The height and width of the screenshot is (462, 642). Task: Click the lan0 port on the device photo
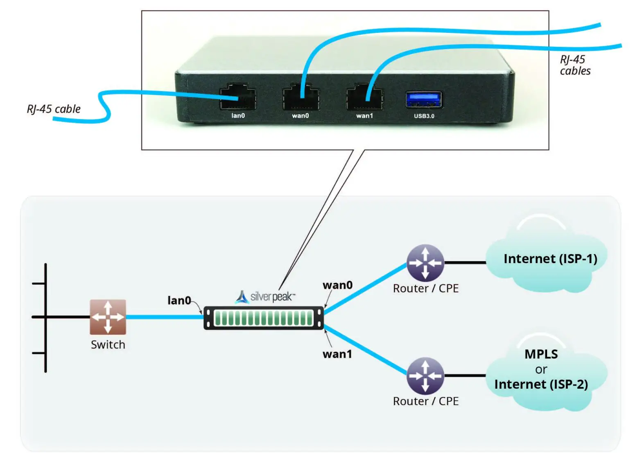[x=238, y=98]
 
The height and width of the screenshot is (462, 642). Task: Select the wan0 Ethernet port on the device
[x=301, y=98]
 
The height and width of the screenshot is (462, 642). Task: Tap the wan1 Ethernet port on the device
[x=364, y=98]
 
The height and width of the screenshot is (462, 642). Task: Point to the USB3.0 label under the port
[x=424, y=116]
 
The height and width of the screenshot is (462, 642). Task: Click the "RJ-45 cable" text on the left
[x=54, y=109]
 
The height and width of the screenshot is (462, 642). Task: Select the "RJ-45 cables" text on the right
[x=575, y=65]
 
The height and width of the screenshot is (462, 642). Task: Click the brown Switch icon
[x=108, y=317]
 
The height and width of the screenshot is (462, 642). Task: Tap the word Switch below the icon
[x=108, y=345]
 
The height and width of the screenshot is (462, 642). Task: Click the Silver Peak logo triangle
[x=242, y=297]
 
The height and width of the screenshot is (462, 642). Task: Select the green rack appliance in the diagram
[x=264, y=318]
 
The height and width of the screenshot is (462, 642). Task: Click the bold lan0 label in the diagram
[x=179, y=300]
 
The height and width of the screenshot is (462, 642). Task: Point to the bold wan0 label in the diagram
[x=337, y=285]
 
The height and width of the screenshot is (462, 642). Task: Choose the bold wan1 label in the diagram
[x=337, y=354]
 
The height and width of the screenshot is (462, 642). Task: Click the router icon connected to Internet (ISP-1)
[x=425, y=263]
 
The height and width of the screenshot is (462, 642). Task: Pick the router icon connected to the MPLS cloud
[x=425, y=376]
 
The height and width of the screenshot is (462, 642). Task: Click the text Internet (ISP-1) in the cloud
[x=550, y=259]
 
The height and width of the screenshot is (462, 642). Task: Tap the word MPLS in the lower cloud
[x=541, y=354]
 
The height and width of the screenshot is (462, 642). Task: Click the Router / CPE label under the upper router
[x=425, y=289]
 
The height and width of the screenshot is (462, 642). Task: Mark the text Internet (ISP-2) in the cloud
[x=541, y=385]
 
